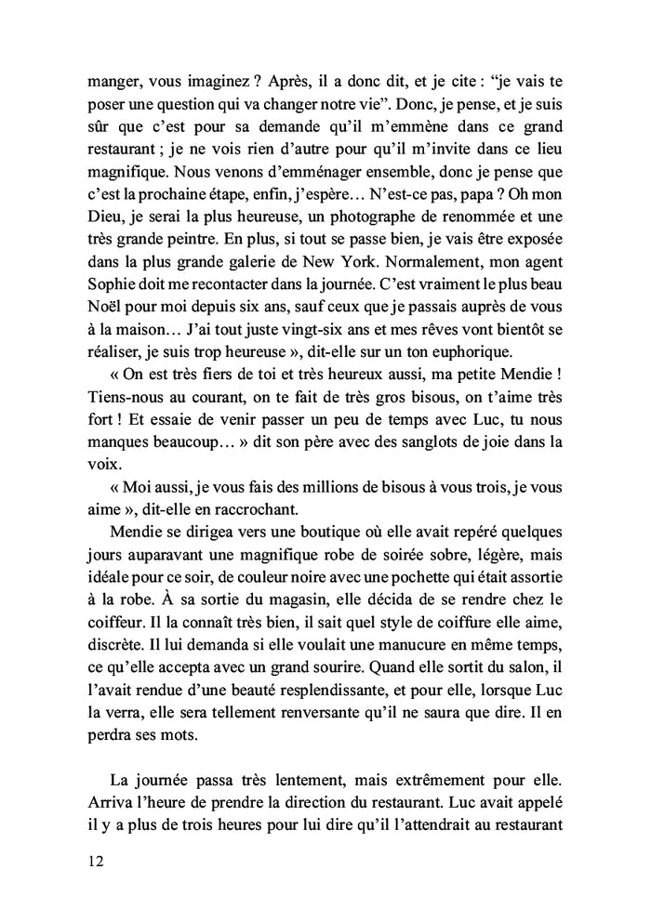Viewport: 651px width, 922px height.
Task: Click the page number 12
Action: click(92, 862)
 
